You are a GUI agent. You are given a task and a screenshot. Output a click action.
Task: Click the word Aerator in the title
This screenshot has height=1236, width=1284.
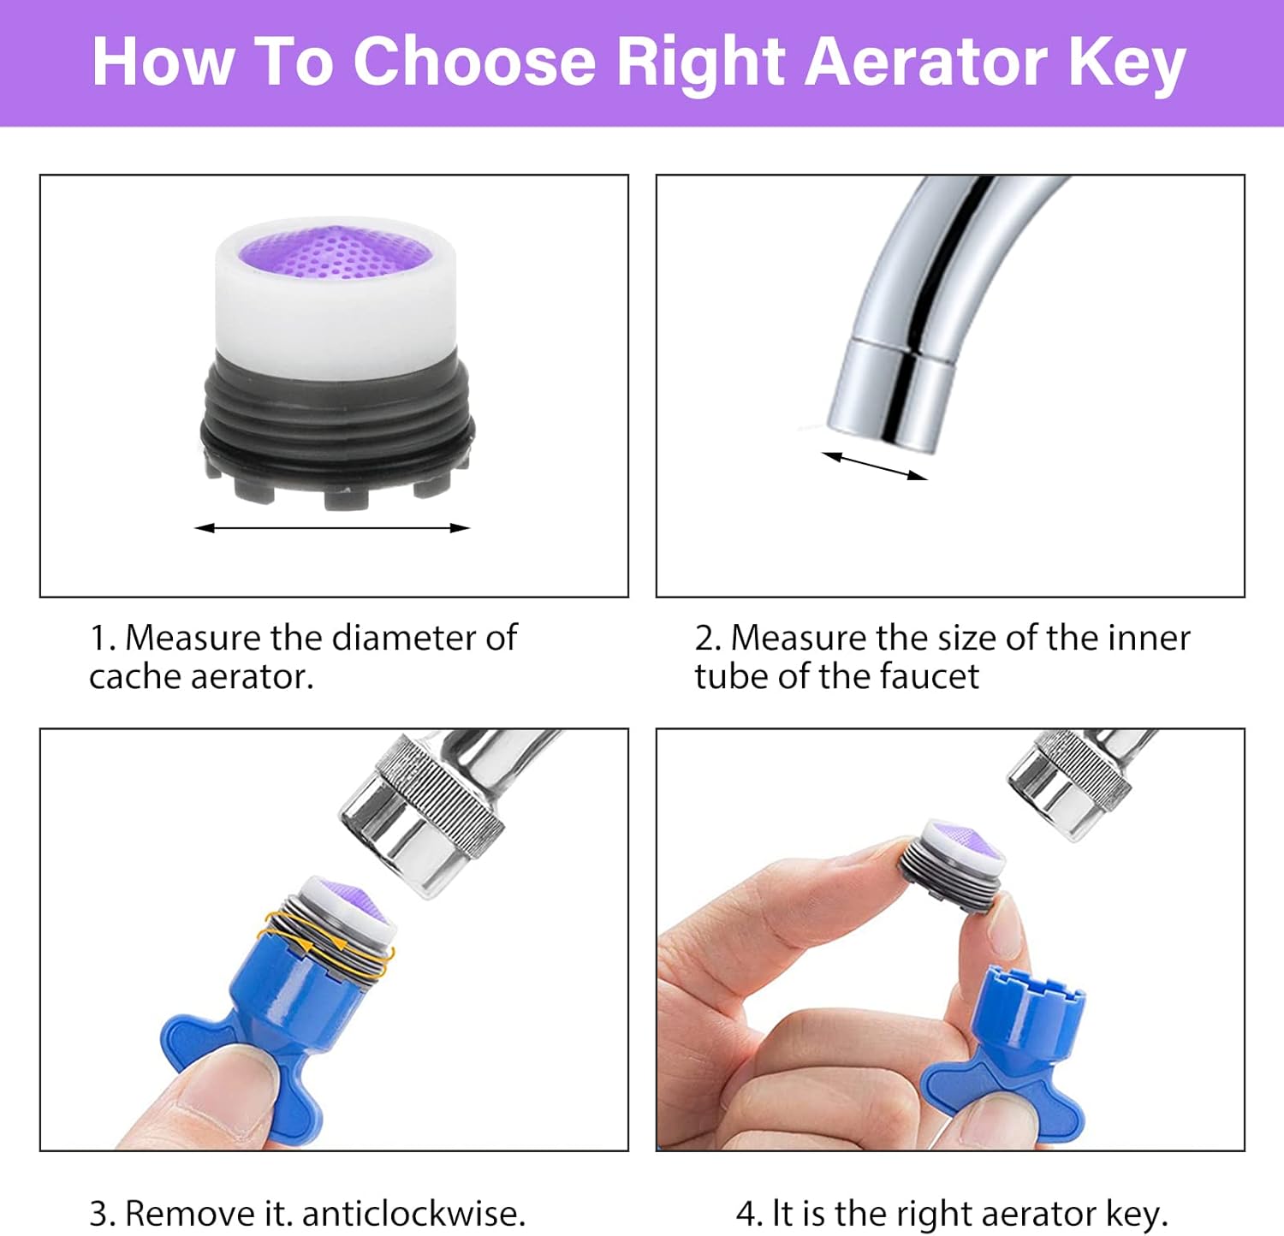pos(926,62)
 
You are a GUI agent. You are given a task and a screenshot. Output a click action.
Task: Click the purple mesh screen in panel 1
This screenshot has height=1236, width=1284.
pos(334,251)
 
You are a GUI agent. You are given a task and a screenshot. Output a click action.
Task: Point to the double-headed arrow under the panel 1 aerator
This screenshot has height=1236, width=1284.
pos(332,528)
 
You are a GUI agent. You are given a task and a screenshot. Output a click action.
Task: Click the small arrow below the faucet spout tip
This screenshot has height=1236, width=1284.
pos(874,466)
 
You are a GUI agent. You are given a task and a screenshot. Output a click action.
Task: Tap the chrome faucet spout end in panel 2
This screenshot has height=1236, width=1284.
pos(890,393)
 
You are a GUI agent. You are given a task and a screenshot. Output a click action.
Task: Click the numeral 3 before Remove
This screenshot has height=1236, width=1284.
pos(98,1214)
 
